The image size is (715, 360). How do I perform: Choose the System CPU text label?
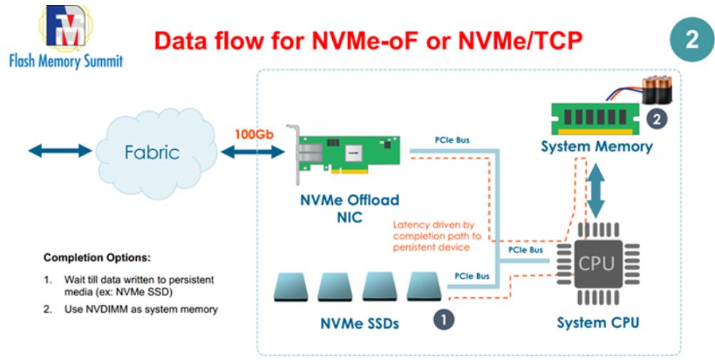coord(597,322)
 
